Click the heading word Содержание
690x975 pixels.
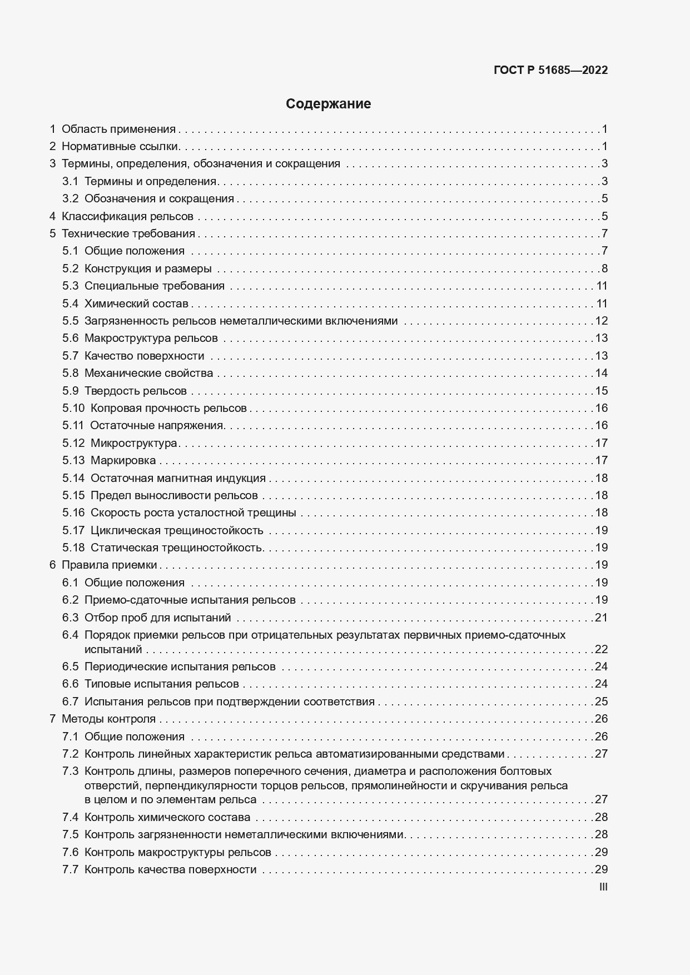coord(328,104)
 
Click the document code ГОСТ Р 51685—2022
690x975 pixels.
coord(550,70)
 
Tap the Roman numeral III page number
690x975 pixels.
coord(603,887)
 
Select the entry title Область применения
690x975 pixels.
coord(118,130)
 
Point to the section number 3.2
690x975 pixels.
coord(70,198)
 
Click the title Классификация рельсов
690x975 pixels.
coord(127,216)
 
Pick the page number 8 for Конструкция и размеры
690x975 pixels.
coord(604,268)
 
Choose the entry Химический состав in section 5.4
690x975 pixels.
coord(136,304)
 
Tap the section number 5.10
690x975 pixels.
coord(73,408)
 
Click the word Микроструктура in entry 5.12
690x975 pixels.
coord(133,443)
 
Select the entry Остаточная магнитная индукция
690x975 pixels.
coord(178,478)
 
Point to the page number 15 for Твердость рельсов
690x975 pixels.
coord(601,391)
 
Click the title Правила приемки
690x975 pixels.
coord(110,565)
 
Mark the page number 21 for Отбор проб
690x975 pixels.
coord(601,618)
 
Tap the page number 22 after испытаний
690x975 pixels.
coord(601,649)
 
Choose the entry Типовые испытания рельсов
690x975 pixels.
coord(162,684)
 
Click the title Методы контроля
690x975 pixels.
coord(108,719)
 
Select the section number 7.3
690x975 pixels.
coord(70,771)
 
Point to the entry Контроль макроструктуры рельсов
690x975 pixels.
coord(178,852)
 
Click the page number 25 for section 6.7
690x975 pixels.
coord(601,702)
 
